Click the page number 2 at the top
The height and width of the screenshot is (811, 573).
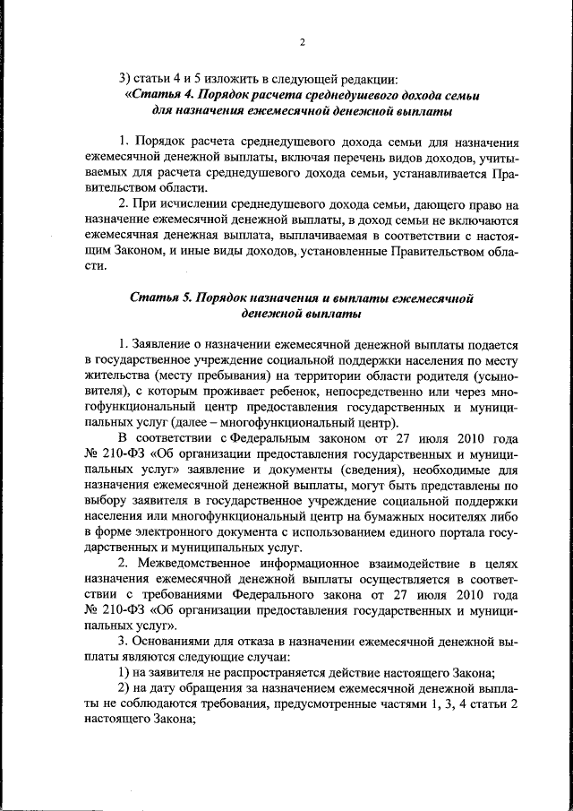pos(302,41)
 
